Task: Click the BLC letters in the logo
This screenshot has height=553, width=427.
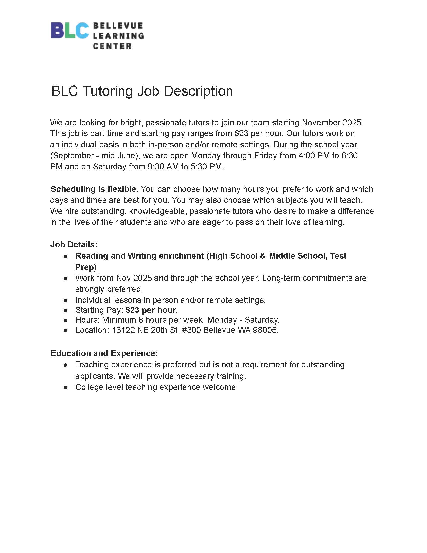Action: (x=70, y=31)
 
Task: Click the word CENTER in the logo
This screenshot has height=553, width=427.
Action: (x=112, y=46)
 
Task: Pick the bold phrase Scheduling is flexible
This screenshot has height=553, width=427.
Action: (x=93, y=189)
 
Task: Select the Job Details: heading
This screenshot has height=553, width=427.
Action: (x=74, y=244)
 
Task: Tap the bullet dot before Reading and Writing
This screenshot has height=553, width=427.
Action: (x=66, y=256)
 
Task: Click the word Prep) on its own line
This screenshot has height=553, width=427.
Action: (x=86, y=267)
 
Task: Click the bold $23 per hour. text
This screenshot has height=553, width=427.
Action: (x=151, y=310)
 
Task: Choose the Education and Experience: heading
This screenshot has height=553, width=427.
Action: (x=104, y=353)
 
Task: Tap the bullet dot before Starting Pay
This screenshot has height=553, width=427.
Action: (x=66, y=310)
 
